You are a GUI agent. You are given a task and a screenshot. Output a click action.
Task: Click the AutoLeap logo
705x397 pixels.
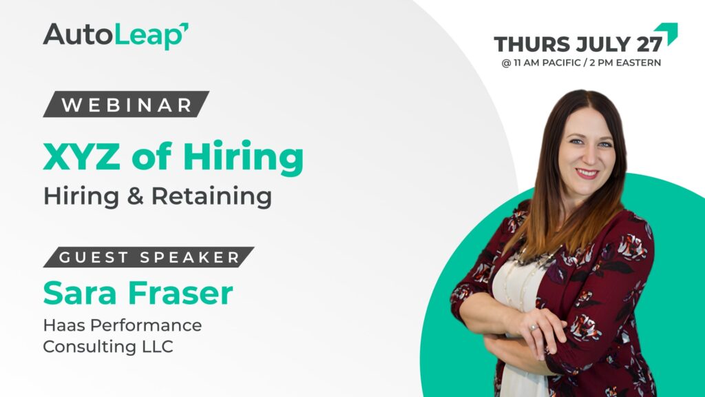(116, 35)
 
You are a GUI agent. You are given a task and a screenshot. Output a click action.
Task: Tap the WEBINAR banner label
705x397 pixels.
(126, 105)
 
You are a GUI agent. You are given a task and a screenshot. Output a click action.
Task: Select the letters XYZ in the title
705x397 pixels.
(82, 156)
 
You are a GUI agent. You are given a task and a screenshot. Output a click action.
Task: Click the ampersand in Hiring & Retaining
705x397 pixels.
(135, 196)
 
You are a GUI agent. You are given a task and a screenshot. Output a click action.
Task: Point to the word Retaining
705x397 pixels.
(211, 196)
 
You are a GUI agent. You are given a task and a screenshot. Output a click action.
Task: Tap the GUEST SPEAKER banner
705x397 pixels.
(149, 257)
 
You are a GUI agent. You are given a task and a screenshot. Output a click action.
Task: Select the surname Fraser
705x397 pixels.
(181, 293)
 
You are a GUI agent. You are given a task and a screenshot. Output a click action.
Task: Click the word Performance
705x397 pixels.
(146, 325)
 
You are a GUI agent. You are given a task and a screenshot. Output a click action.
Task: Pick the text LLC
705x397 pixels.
(158, 347)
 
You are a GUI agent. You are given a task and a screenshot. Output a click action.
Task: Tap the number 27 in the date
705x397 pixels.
(649, 44)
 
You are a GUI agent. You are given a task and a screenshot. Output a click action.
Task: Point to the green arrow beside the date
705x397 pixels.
(666, 34)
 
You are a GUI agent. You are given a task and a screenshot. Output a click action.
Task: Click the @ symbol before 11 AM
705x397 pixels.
(506, 63)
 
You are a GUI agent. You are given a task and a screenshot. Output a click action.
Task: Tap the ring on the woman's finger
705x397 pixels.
(534, 327)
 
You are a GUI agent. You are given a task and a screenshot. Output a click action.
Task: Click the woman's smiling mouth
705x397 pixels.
(587, 173)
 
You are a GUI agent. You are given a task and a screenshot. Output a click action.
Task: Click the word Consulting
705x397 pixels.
(90, 347)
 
